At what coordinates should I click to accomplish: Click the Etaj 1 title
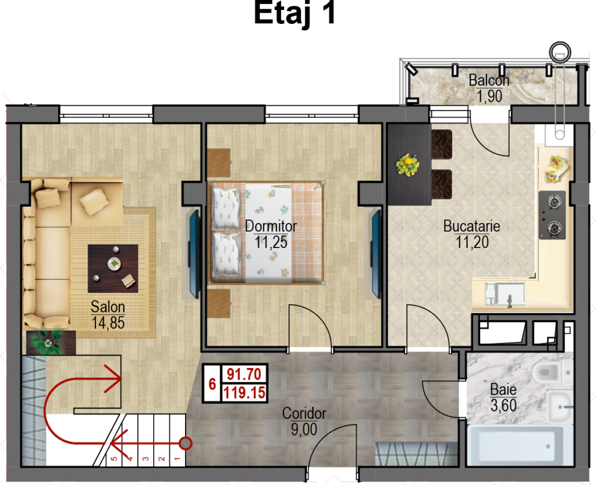295,13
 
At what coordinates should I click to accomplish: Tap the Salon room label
108,307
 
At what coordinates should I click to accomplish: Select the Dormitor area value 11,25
271,242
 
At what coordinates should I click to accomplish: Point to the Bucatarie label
471,226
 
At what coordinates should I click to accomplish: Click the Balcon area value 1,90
489,96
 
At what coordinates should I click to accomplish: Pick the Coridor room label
304,413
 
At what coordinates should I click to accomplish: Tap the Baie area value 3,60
503,406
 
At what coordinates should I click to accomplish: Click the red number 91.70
244,374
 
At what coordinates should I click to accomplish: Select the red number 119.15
244,392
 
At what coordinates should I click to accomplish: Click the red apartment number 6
212,384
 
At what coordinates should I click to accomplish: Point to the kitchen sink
505,294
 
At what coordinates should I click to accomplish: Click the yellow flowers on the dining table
407,165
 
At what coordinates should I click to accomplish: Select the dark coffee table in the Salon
113,268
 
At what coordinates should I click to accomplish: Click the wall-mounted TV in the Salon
194,254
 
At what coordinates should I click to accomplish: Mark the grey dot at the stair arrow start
185,443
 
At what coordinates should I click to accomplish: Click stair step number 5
114,459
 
